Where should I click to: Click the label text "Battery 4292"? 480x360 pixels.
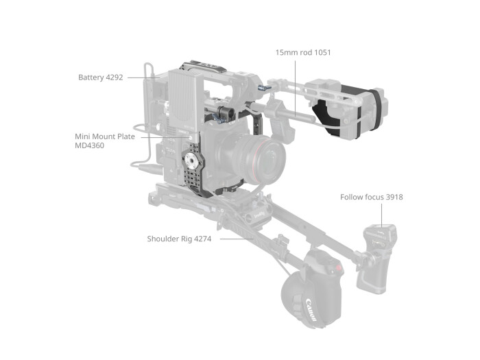tap(100, 77)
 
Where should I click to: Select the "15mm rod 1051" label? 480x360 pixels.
tap(303, 52)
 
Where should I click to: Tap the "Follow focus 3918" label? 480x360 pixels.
tap(371, 197)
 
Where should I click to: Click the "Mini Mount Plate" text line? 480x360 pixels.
tap(105, 136)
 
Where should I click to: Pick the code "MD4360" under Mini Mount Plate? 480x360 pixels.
tap(89, 146)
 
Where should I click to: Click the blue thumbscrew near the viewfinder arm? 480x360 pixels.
tap(263, 88)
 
